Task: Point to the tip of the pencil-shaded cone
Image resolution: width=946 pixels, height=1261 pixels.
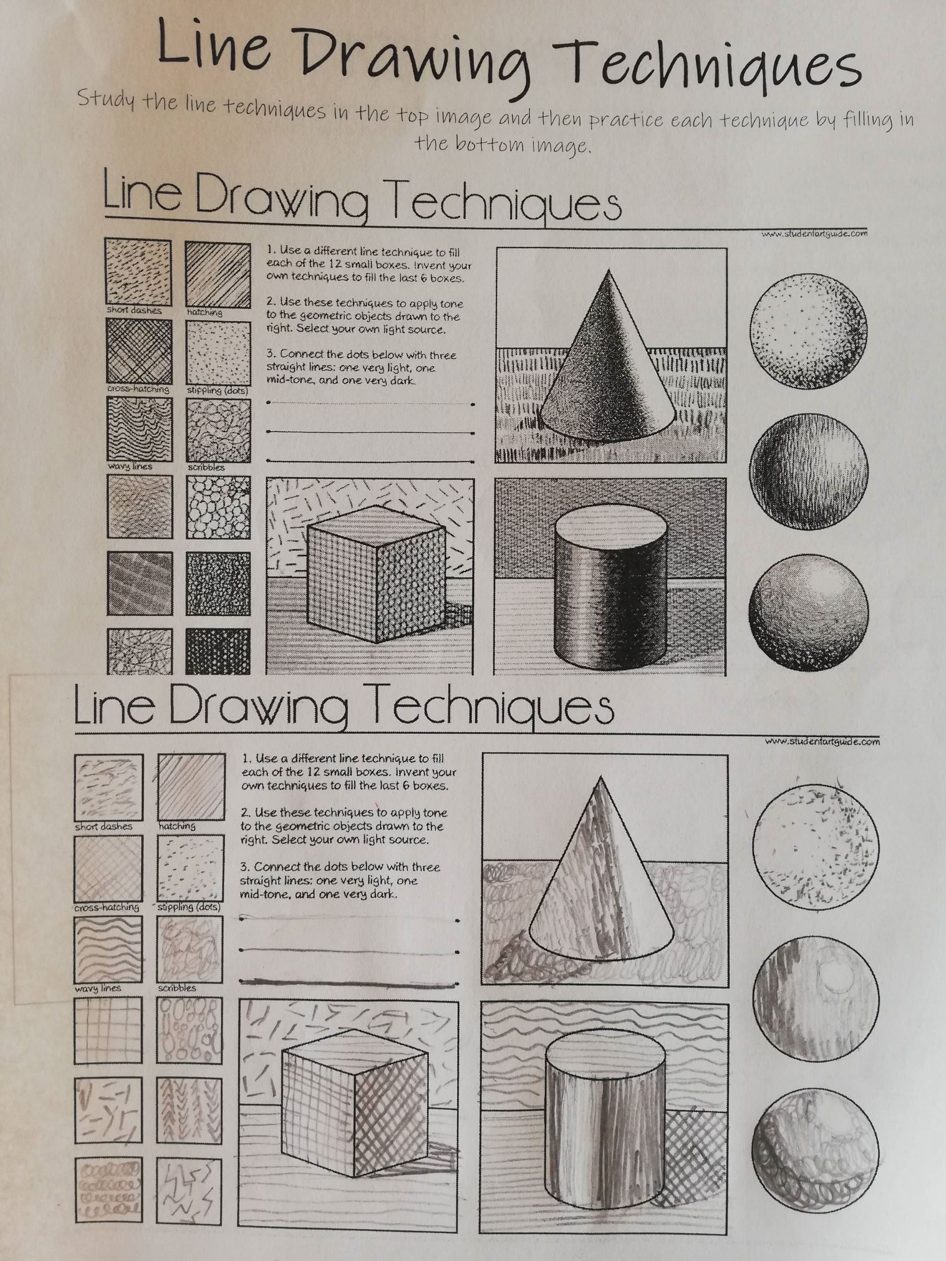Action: point(600,776)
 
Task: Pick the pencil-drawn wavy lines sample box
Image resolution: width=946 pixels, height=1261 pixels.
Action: point(108,949)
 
